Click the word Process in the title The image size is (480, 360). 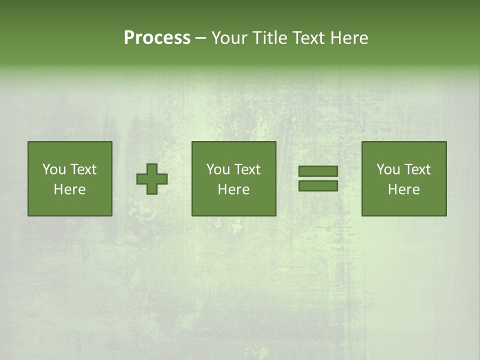point(157,38)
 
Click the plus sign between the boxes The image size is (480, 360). point(152,179)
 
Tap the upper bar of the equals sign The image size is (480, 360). point(318,171)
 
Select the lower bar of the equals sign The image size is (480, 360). point(318,186)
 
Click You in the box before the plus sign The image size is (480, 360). point(54,169)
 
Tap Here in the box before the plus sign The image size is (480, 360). point(69,189)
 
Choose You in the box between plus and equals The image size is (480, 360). point(218,169)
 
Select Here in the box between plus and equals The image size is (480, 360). point(233,189)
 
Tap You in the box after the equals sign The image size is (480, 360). point(388,169)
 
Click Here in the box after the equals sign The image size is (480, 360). point(403,189)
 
